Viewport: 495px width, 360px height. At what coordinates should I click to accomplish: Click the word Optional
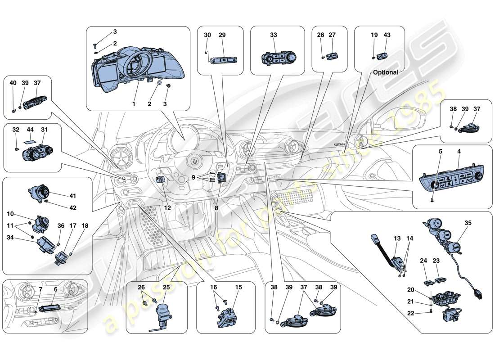pyautogui.click(x=385, y=72)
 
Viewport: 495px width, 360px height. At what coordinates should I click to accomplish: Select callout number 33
pyautogui.click(x=274, y=35)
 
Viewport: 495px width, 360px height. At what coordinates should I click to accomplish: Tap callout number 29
pyautogui.click(x=222, y=35)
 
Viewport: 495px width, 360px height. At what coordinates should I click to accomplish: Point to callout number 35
pyautogui.click(x=468, y=222)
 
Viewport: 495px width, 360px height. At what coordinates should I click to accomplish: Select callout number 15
pyautogui.click(x=238, y=287)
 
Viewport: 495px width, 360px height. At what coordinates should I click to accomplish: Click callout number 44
pyautogui.click(x=31, y=129)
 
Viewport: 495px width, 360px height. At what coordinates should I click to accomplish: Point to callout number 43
pyautogui.click(x=387, y=35)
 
